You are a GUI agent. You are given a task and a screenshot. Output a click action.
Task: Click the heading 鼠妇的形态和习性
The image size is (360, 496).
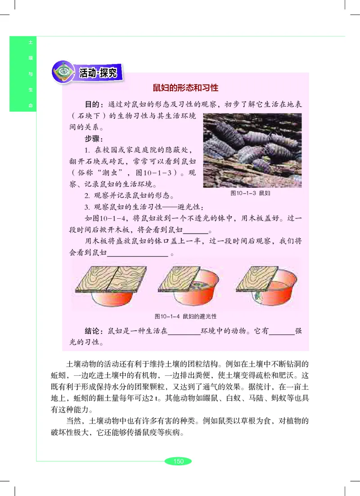click(x=186, y=87)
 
